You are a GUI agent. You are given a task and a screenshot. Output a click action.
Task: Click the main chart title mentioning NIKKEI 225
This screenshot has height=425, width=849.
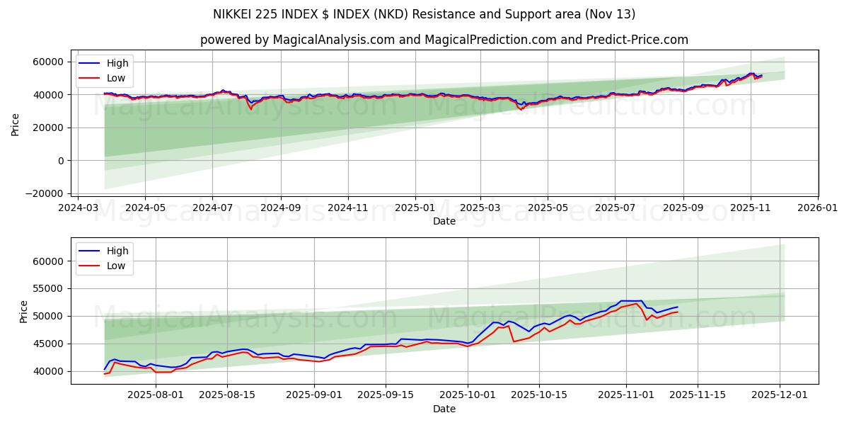pos(424,14)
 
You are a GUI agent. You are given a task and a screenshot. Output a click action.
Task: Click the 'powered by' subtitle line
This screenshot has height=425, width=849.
pos(444,40)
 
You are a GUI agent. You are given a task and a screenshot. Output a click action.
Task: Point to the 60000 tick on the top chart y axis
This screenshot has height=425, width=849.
pos(47,62)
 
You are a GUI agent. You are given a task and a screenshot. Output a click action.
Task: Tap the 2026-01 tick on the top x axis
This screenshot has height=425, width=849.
pos(818,209)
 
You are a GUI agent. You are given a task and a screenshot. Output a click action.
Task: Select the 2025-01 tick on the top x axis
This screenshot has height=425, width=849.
pos(415,209)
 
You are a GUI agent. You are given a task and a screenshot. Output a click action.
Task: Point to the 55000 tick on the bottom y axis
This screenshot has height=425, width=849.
pos(47,289)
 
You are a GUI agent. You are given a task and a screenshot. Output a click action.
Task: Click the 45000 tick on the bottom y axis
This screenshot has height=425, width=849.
pos(47,344)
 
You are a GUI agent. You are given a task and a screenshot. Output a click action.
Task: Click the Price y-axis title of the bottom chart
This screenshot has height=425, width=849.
pos(24,311)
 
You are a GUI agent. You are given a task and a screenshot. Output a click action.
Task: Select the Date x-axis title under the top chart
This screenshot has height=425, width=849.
pos(444,222)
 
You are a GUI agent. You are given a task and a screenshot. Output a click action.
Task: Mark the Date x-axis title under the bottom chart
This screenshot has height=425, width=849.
pos(444,409)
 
